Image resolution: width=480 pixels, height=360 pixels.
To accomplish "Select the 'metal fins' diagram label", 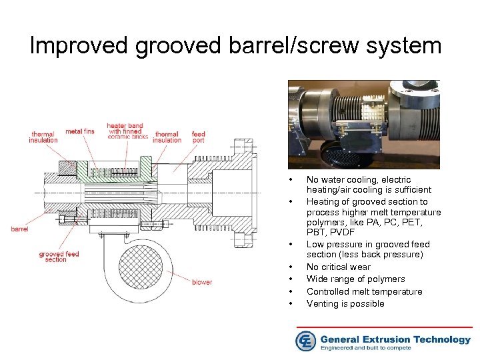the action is click(80, 131).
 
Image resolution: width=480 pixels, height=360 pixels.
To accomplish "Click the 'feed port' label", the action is click(198, 137).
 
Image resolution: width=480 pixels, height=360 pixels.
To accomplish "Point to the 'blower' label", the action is click(201, 282).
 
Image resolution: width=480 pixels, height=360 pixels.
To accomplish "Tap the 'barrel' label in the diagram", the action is click(19, 229).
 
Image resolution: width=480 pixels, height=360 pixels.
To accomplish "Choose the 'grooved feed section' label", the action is click(59, 257).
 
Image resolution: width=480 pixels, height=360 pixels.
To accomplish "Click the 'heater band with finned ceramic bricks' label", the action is click(125, 131).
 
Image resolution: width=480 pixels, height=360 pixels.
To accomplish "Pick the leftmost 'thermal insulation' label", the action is click(43, 137).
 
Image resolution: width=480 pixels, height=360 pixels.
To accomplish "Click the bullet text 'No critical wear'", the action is click(338, 267).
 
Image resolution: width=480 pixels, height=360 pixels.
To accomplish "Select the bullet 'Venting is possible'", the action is click(345, 304).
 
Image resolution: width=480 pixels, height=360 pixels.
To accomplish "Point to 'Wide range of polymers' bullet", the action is click(355, 279).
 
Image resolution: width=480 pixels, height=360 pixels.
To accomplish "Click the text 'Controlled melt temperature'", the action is click(364, 291).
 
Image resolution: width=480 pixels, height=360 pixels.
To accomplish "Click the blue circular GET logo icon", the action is click(305, 340).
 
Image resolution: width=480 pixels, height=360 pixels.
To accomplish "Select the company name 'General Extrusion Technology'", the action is click(395, 339).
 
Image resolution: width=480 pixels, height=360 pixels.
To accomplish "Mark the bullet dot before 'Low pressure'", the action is click(291, 245).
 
